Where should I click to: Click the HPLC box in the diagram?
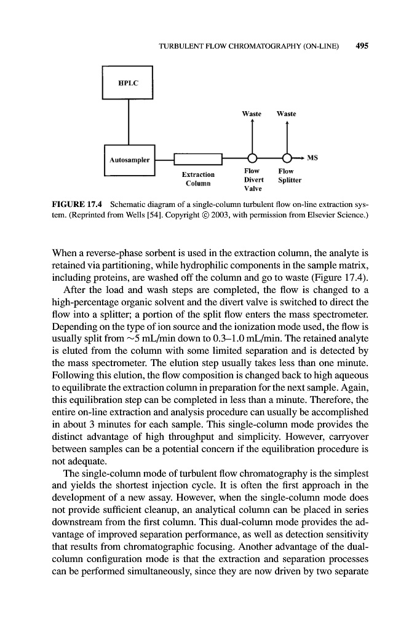127,82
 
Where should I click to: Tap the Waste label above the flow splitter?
287,114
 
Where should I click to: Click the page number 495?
362,47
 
